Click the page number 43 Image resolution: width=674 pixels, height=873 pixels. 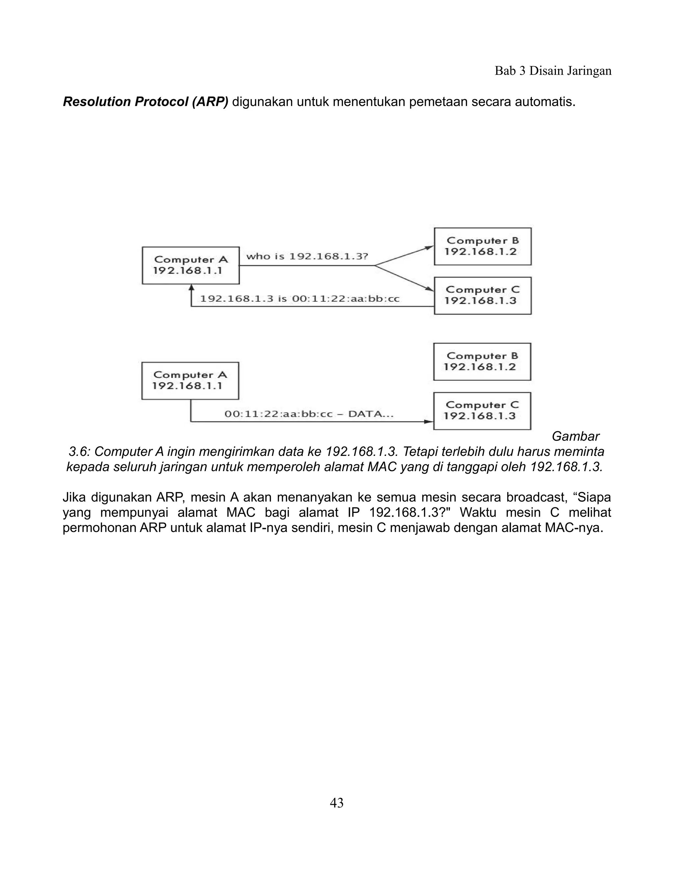[x=337, y=803]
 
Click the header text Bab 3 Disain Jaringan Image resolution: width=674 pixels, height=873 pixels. [x=553, y=71]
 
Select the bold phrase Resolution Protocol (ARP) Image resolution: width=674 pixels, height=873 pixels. [x=146, y=102]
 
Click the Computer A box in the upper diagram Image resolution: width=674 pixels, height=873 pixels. [x=191, y=266]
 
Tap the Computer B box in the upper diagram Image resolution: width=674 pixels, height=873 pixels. [x=482, y=246]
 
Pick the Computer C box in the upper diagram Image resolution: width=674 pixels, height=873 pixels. [x=482, y=296]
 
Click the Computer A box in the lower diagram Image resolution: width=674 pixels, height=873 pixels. [x=190, y=380]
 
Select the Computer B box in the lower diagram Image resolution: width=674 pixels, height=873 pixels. [x=482, y=361]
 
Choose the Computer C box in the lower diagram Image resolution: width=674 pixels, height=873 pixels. [x=482, y=410]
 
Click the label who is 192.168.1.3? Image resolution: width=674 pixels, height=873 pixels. [x=307, y=256]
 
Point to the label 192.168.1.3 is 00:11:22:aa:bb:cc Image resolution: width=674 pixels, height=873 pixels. [x=299, y=298]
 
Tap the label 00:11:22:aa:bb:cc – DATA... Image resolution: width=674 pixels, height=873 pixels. [x=309, y=414]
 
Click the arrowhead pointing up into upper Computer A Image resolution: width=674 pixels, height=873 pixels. [x=191, y=287]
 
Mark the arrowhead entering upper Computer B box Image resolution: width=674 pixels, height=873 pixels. [x=429, y=248]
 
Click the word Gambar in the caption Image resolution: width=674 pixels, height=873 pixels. [x=575, y=436]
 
